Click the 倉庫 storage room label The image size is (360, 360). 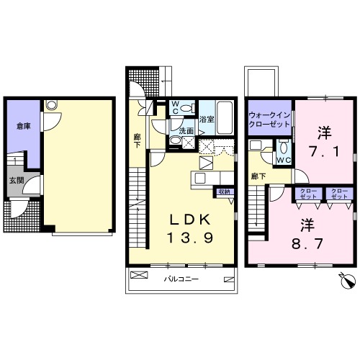point(24,126)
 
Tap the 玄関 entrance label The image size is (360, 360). point(17,181)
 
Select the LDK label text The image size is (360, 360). point(190,220)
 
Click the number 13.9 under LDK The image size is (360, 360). point(190,238)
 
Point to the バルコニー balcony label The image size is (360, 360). point(181,279)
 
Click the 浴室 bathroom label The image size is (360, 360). point(207,120)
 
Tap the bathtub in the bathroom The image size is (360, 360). point(225,118)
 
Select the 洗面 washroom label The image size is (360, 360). point(186,131)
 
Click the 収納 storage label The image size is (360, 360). point(224,192)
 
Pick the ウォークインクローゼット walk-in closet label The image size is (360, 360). point(269,120)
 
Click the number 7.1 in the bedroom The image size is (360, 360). point(324,151)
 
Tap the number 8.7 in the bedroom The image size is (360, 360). point(307,244)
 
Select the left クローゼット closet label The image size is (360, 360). point(308,194)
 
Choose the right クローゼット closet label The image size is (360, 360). point(339,194)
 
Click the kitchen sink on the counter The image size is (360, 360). point(199,178)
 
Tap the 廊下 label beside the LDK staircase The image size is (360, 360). point(138,140)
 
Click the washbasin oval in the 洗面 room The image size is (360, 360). point(176,140)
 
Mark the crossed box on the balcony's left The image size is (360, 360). point(139,275)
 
